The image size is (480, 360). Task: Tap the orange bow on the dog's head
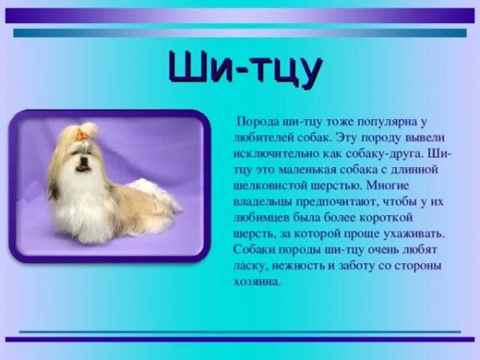point(82,135)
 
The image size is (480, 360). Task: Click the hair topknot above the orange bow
point(87,127)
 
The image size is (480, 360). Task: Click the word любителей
point(256,136)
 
